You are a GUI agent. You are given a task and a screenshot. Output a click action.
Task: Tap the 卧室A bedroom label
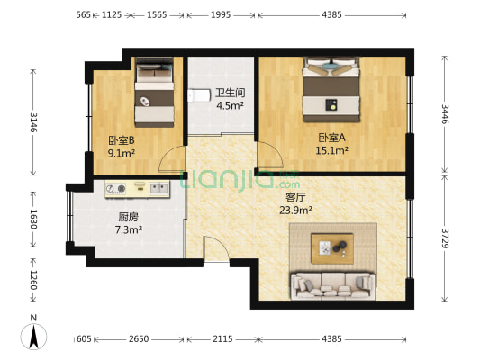(x=331, y=138)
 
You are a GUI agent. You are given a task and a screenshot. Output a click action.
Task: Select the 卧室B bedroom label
(x=122, y=140)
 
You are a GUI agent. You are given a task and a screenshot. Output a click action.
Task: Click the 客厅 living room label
(x=296, y=196)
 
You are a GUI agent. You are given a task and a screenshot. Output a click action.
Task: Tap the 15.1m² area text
(x=331, y=151)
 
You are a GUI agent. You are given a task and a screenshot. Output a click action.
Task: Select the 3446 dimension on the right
(x=444, y=114)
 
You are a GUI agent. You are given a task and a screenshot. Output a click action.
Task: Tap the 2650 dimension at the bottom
(x=139, y=339)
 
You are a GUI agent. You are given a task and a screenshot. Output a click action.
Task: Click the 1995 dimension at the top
(x=222, y=15)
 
